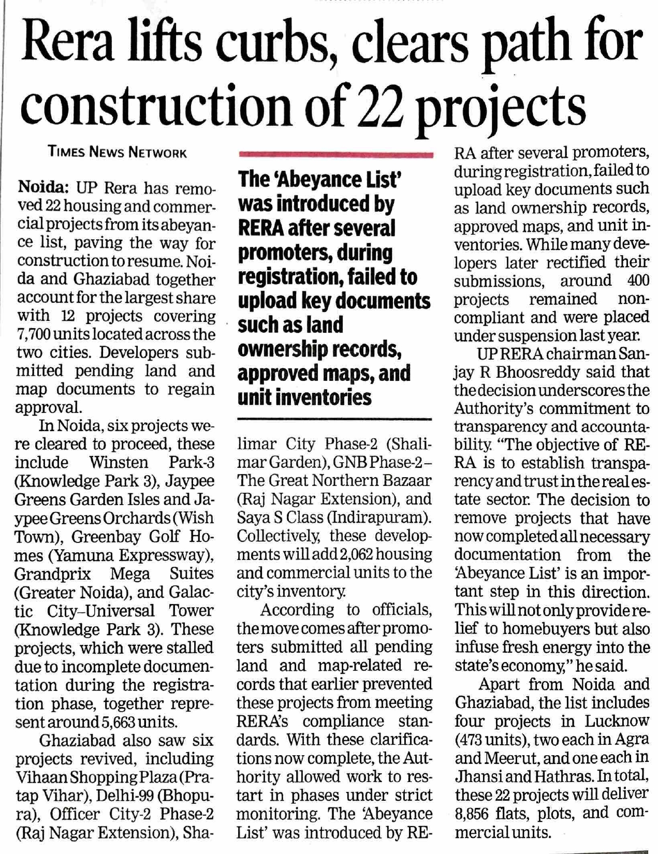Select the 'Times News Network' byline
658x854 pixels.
[x=117, y=152]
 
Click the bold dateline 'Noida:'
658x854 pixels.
[x=43, y=187]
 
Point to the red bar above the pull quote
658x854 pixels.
[x=334, y=154]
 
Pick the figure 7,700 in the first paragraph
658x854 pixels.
[x=33, y=334]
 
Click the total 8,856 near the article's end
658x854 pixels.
[x=472, y=812]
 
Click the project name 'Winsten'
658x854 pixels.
[x=119, y=462]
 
